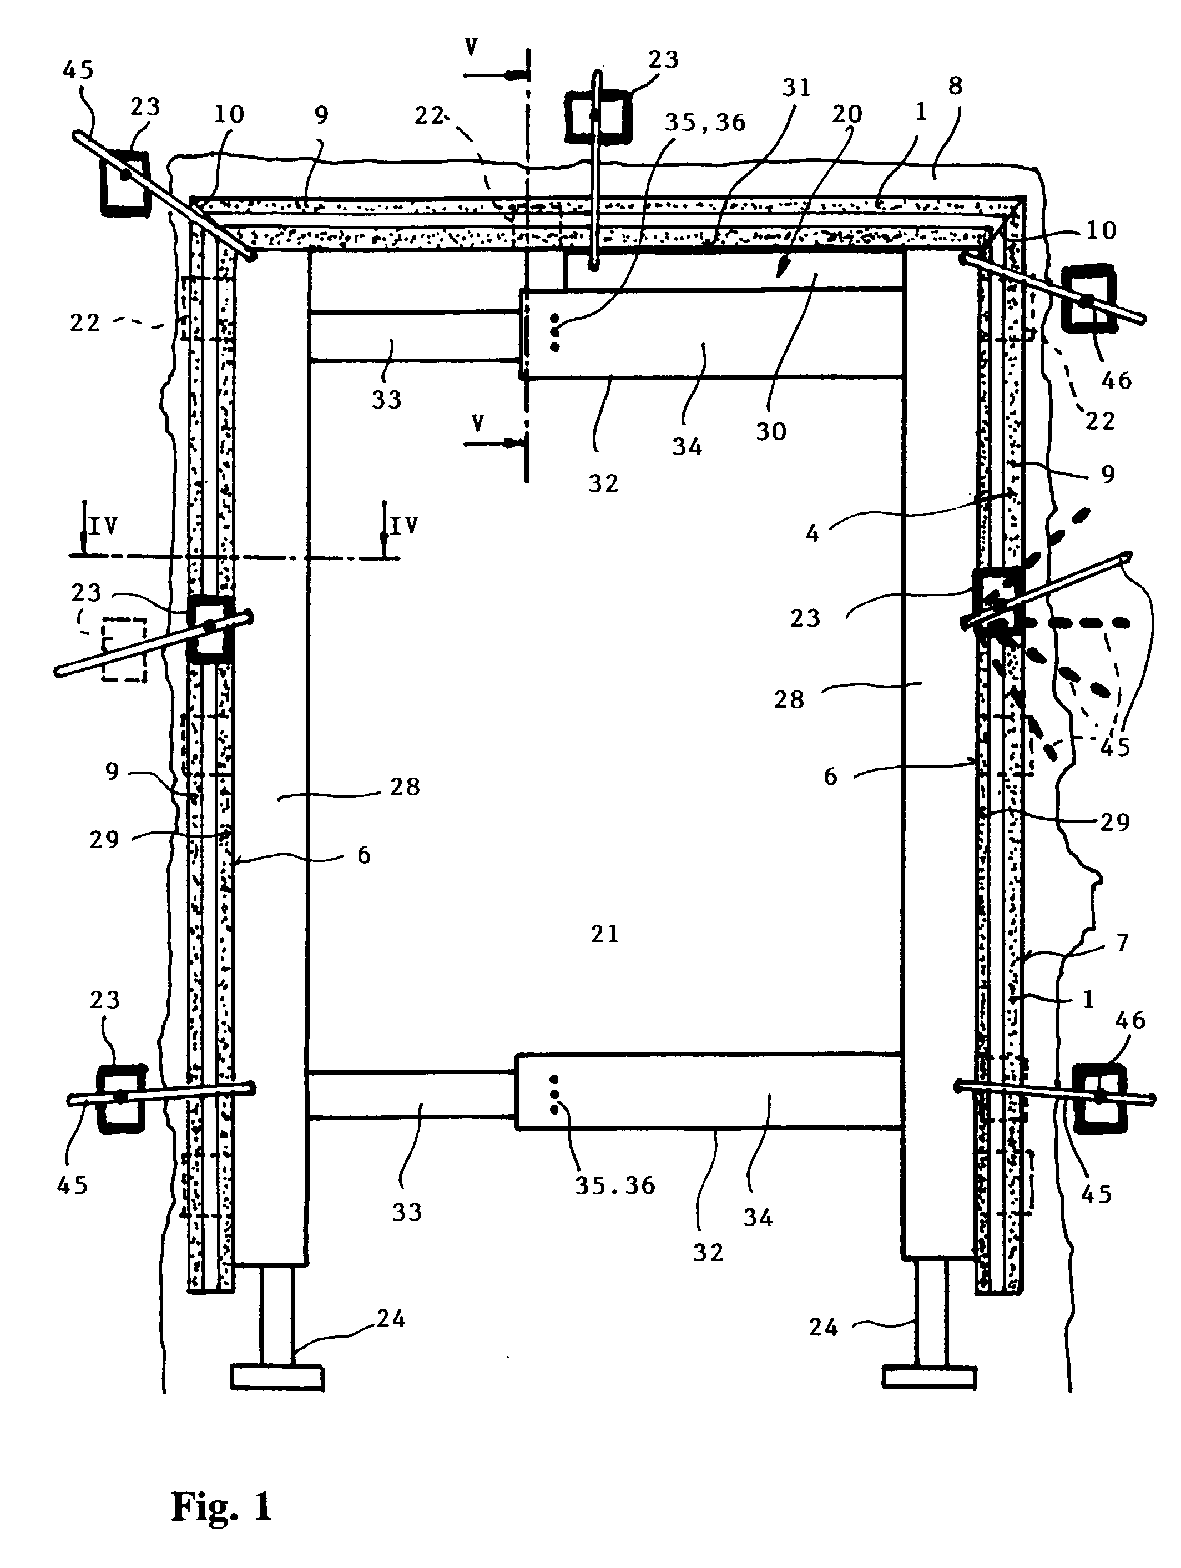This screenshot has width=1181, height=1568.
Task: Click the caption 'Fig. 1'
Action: coord(222,1505)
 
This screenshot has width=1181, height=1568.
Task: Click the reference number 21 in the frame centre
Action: coord(605,934)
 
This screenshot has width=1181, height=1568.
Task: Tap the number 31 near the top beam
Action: coord(796,87)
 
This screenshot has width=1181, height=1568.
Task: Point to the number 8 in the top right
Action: coord(956,86)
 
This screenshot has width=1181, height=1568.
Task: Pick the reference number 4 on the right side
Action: coord(812,532)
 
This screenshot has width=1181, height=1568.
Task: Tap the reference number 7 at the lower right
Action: coord(1122,943)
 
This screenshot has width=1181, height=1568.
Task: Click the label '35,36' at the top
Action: coord(705,123)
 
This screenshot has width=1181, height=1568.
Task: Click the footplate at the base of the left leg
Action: coord(277,1377)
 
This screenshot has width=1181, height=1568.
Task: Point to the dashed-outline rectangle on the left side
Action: coord(124,649)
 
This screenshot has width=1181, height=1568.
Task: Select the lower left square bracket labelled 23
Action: coord(121,1098)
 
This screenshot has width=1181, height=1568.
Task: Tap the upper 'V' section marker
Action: coord(471,48)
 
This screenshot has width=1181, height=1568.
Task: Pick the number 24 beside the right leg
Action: coord(824,1328)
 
